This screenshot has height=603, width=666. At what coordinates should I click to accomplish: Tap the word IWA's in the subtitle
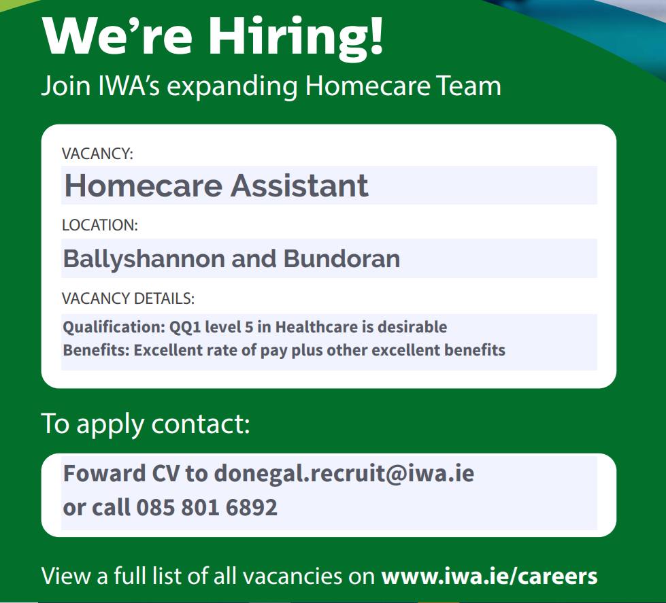(x=129, y=86)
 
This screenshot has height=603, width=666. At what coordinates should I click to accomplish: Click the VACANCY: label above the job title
(x=97, y=154)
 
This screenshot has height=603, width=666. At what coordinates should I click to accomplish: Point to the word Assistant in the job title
(x=299, y=186)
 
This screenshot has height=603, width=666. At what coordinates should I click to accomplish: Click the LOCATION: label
(x=100, y=225)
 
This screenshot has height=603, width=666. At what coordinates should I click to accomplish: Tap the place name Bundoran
(x=342, y=258)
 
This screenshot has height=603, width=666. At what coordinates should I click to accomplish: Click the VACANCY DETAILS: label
(x=128, y=298)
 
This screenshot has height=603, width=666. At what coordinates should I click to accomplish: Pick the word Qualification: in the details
(x=114, y=327)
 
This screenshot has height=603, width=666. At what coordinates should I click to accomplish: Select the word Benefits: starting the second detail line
(x=97, y=350)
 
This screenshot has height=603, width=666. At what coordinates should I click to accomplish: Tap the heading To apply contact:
(x=146, y=424)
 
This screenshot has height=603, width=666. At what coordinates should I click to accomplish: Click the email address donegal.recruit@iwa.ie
(x=344, y=474)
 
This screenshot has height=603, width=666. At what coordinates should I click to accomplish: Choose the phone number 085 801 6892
(x=207, y=507)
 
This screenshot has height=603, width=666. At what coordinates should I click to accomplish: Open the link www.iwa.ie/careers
(x=489, y=576)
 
